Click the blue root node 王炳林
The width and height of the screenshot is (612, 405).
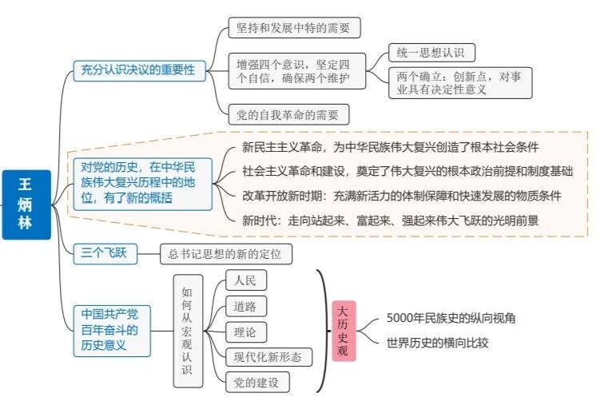26,204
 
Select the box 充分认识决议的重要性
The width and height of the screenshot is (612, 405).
137,70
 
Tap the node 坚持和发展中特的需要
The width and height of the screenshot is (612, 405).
294,28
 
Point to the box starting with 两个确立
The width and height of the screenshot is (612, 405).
460,83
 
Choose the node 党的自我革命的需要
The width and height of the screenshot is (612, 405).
288,114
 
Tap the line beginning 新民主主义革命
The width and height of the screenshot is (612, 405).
390,148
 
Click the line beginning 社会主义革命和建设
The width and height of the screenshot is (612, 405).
407,172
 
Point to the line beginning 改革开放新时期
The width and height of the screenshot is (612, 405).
401,196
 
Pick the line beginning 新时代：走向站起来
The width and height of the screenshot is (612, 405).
390,220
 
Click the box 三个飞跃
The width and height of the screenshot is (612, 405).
105,254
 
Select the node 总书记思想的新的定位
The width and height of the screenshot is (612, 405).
225,255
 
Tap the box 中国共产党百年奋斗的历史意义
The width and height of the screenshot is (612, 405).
111,330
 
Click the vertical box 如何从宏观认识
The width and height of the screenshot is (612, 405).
186,331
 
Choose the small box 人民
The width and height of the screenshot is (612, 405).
245,280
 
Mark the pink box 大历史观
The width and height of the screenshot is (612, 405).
344,331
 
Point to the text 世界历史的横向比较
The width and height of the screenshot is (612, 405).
437,343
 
